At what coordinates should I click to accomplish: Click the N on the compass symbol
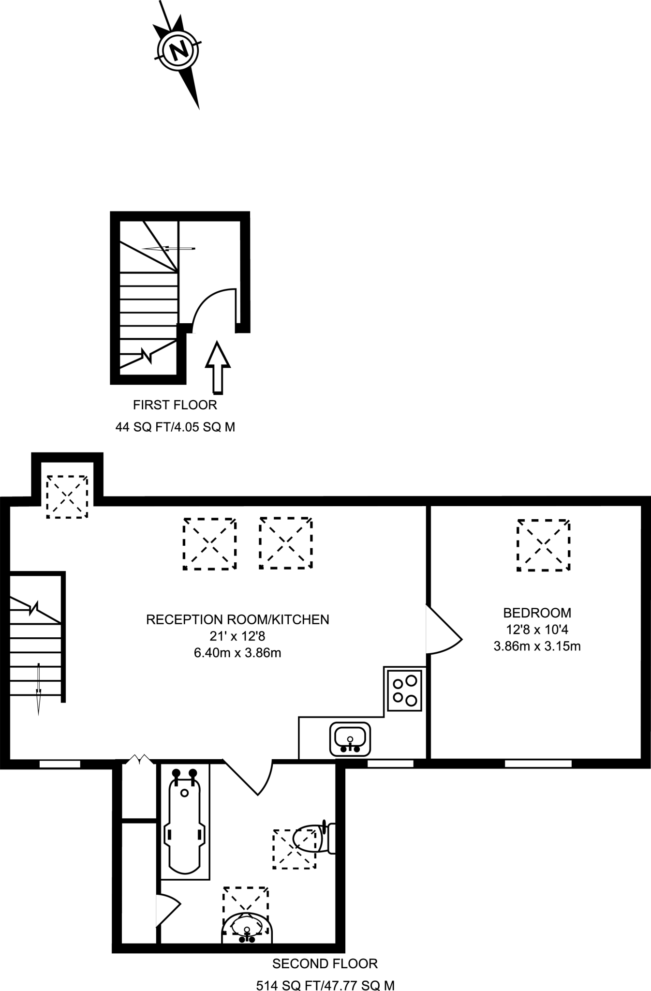(x=178, y=49)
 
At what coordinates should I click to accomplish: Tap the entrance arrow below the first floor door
(x=217, y=368)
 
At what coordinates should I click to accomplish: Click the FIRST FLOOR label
(x=175, y=405)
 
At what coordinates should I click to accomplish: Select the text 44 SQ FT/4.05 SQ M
(x=175, y=427)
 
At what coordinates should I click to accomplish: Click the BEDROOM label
(x=537, y=613)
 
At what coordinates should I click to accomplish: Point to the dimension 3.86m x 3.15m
(x=537, y=646)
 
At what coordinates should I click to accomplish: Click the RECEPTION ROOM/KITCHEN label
(x=237, y=619)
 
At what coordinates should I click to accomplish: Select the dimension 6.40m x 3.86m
(x=237, y=653)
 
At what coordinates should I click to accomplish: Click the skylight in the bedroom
(x=543, y=545)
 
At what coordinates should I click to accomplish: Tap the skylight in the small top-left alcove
(x=67, y=496)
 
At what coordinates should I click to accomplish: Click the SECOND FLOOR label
(x=325, y=963)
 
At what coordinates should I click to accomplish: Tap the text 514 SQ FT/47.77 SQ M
(x=325, y=985)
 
